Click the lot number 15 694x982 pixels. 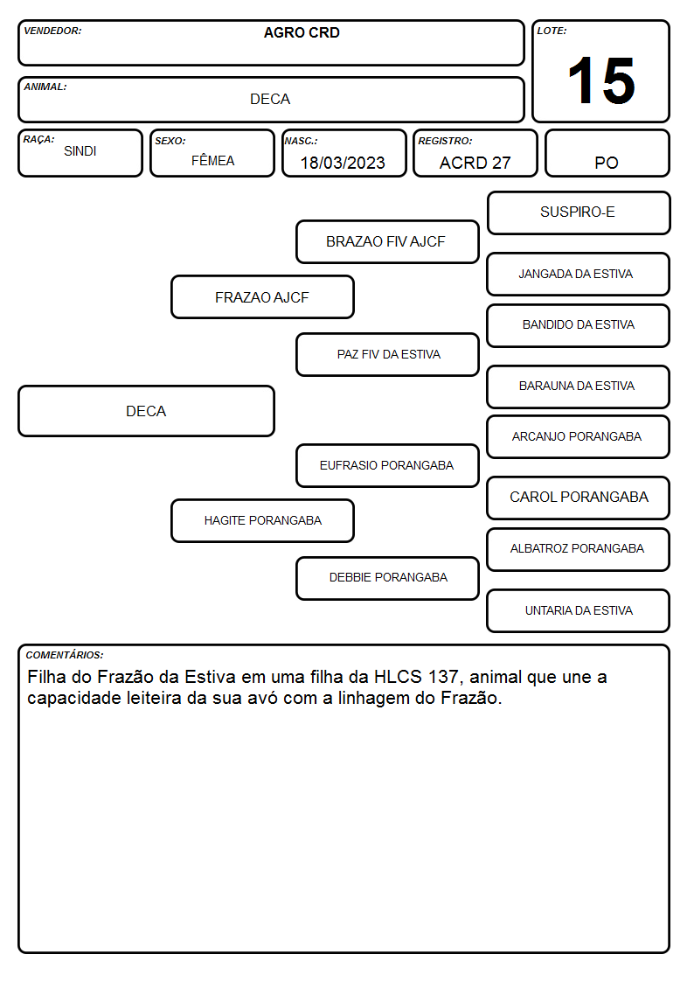[601, 80]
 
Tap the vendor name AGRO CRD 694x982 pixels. [302, 32]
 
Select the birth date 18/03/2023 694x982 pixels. [343, 163]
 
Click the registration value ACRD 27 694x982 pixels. [475, 163]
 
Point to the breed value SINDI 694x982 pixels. [80, 151]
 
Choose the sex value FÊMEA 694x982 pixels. [212, 160]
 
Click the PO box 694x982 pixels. [607, 153]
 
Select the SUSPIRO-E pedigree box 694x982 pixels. [579, 213]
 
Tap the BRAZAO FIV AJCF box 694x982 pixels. [387, 241]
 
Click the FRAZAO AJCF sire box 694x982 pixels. [262, 296]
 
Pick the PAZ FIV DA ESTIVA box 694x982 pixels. [387, 354]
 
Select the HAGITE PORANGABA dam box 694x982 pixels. [262, 520]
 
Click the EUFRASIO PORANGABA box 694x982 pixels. [387, 465]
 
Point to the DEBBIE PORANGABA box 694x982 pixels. [387, 578]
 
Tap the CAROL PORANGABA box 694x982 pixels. [579, 498]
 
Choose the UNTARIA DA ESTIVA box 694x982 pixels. [579, 610]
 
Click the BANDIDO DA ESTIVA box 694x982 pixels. [579, 325]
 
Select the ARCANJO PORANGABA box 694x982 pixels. [579, 437]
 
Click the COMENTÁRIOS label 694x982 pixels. [65, 655]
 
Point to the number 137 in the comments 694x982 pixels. [443, 677]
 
